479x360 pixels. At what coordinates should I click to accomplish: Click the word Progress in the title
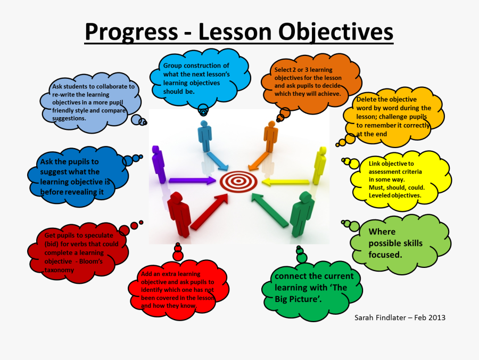pyautogui.click(x=131, y=32)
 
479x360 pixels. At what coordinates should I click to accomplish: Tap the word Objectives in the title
pyautogui.click(x=336, y=32)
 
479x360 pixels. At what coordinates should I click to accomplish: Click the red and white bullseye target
pyautogui.click(x=238, y=181)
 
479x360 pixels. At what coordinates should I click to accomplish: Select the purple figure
pyautogui.click(x=159, y=165)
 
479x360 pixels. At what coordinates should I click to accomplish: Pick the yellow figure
pyautogui.click(x=319, y=165)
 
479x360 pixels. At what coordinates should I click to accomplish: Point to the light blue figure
pyautogui.click(x=205, y=136)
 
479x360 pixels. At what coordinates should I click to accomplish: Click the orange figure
pyautogui.click(x=271, y=136)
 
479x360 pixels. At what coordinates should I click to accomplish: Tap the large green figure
pyautogui.click(x=302, y=214)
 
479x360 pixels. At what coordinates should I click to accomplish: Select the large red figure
pyautogui.click(x=179, y=214)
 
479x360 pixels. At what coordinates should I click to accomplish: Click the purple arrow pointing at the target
pyautogui.click(x=192, y=181)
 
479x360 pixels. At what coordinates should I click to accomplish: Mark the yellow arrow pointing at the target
pyautogui.click(x=286, y=182)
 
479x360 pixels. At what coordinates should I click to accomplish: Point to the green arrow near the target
pyautogui.click(x=270, y=210)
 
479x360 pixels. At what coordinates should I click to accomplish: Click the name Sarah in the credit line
pyautogui.click(x=364, y=317)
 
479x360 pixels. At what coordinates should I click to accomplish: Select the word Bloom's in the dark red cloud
pyautogui.click(x=90, y=261)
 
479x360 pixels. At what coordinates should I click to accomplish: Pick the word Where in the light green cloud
pyautogui.click(x=382, y=232)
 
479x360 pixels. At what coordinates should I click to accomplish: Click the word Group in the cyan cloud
pyautogui.click(x=172, y=66)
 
